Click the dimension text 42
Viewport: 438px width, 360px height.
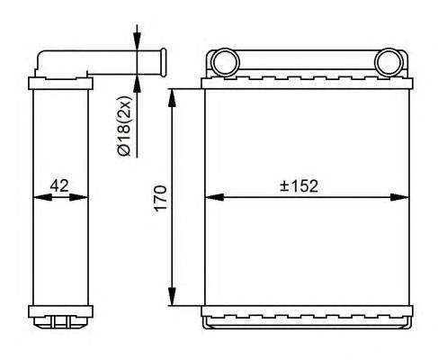tap(60, 185)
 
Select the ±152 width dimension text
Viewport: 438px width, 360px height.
tap(299, 185)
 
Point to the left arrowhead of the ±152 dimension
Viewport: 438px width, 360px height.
tap(211, 197)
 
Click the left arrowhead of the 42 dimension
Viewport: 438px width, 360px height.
tap(38, 197)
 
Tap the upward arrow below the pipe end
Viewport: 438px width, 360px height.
tap(137, 83)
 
